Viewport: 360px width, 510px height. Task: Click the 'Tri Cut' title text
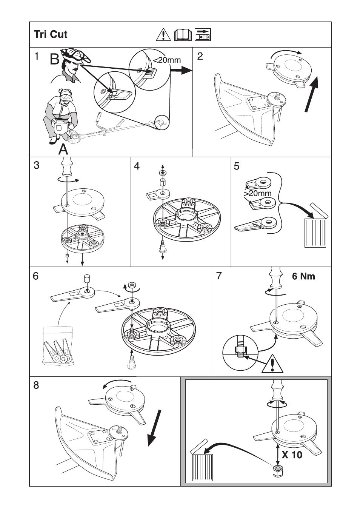[51, 34]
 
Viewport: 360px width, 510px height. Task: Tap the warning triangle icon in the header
[163, 35]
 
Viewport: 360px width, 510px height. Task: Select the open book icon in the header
[183, 35]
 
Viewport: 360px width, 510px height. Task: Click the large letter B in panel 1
[54, 59]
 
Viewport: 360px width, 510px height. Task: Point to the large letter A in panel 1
[63, 150]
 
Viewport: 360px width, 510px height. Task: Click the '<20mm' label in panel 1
[167, 60]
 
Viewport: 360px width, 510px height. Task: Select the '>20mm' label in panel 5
[257, 193]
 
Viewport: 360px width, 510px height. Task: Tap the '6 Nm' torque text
[303, 276]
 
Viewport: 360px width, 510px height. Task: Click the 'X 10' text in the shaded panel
[292, 455]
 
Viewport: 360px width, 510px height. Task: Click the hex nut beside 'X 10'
[277, 471]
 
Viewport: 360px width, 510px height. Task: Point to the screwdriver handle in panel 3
[66, 166]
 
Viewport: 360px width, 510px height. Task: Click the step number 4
[137, 166]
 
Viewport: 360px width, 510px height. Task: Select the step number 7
[219, 276]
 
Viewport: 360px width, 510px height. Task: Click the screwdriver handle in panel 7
[276, 277]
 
